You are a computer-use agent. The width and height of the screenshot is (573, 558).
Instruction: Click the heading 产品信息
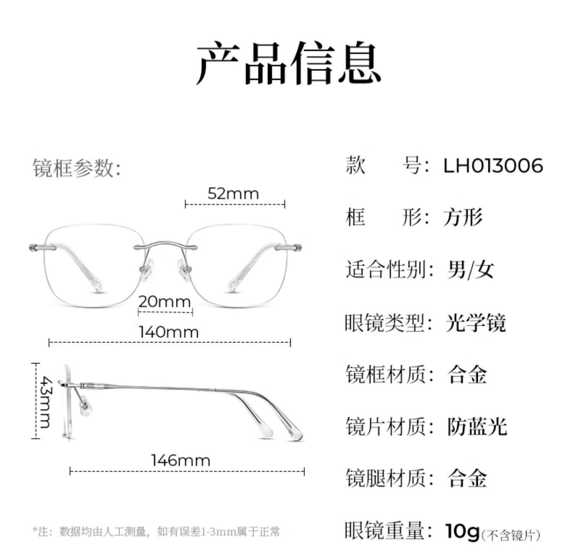(288, 63)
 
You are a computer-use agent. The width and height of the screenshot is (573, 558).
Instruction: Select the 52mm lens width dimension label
(233, 194)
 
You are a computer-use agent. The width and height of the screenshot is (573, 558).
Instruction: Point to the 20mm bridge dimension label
(165, 302)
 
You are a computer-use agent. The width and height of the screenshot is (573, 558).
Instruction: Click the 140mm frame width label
(169, 332)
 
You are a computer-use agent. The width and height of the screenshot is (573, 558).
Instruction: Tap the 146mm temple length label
(181, 460)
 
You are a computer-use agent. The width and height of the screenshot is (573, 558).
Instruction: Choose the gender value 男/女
(470, 270)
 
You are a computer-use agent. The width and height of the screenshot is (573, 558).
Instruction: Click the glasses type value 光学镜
(476, 323)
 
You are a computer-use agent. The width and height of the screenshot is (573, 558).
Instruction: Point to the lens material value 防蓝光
(477, 426)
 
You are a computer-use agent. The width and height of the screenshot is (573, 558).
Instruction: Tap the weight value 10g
(462, 530)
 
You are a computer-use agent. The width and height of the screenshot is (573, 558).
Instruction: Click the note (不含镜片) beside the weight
(511, 535)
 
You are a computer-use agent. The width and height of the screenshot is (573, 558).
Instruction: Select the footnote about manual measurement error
(157, 532)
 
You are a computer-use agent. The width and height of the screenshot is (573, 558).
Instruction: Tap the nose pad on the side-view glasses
(85, 407)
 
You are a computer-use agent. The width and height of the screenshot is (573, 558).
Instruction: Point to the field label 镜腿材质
(386, 478)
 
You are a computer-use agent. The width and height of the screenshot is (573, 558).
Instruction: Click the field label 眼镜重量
(386, 530)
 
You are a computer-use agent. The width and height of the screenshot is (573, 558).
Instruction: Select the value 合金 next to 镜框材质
(467, 375)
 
